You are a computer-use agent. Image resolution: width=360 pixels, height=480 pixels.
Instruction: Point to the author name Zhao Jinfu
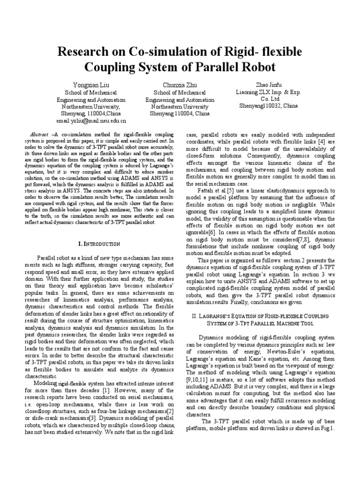[x=266, y=85]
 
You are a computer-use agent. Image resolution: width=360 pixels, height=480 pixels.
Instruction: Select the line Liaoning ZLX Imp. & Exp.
[x=266, y=92]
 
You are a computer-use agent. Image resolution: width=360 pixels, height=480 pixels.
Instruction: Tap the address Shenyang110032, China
[x=266, y=106]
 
